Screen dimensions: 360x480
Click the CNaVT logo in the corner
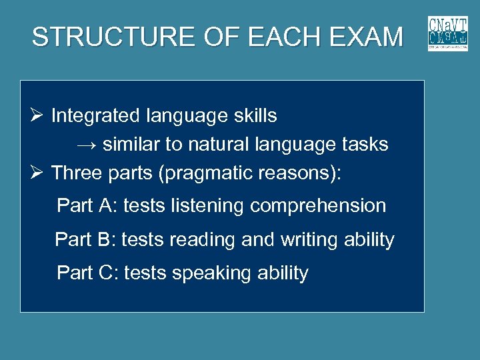[447, 33]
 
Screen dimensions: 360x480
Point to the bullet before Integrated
[38, 116]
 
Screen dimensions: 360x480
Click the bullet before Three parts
[38, 173]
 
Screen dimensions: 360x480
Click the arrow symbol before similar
[87, 145]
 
